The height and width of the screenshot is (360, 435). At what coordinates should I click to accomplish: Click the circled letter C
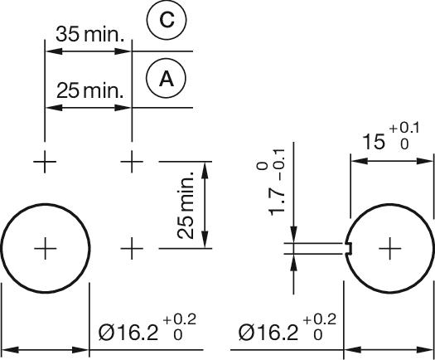(167, 20)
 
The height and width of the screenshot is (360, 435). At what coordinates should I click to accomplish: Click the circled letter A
(167, 78)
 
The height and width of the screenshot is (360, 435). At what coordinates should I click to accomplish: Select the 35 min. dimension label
(90, 34)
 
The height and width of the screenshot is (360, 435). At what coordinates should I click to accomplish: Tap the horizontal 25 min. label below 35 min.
(90, 90)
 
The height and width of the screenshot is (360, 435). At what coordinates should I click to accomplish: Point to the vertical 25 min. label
(186, 205)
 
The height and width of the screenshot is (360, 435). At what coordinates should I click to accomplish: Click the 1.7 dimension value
(277, 201)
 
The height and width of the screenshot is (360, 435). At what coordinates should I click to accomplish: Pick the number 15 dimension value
(374, 142)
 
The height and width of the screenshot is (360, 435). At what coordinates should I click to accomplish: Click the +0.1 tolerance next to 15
(404, 129)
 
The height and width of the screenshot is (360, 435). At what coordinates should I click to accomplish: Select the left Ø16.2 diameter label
(128, 333)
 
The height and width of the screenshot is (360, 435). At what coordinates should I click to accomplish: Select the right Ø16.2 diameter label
(268, 333)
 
